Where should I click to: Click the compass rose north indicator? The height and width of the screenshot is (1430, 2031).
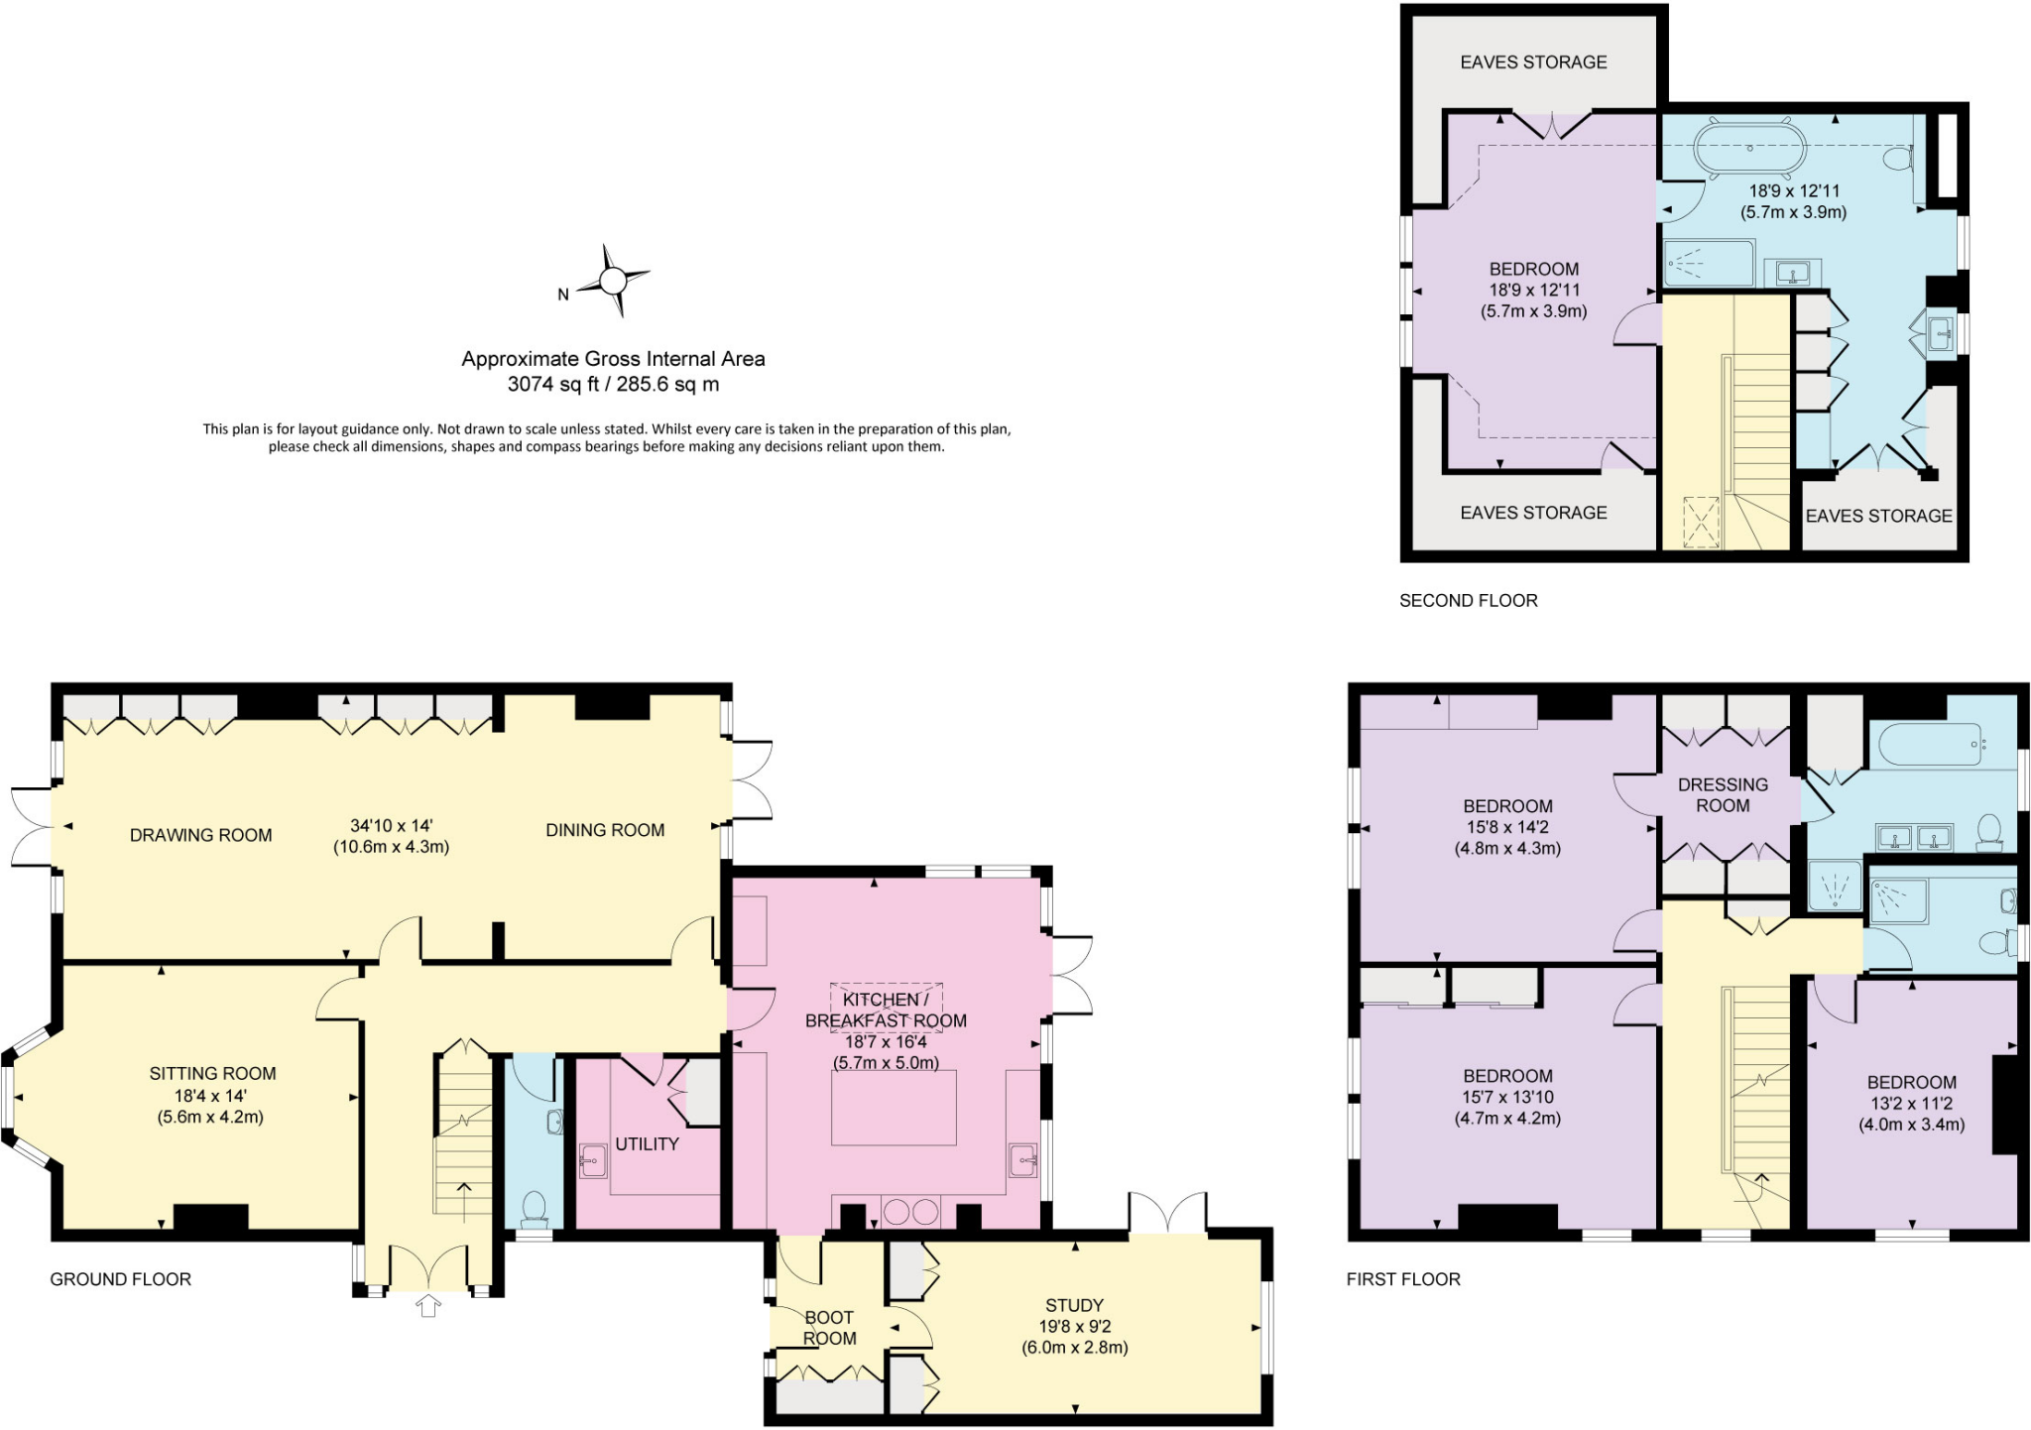[564, 294]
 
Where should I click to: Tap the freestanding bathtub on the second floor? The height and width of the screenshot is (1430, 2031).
[1748, 148]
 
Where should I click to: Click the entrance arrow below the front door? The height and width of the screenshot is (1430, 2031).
[428, 1306]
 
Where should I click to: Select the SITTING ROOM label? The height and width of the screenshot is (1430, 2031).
[212, 1073]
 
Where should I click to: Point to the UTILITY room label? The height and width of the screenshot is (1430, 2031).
[647, 1143]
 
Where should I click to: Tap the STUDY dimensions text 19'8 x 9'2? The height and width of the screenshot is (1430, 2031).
[1074, 1326]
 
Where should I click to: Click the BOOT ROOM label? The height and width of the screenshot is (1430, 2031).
[828, 1328]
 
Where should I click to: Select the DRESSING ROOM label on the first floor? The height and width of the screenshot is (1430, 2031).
[1723, 794]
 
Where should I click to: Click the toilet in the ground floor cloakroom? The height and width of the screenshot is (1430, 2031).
[535, 1206]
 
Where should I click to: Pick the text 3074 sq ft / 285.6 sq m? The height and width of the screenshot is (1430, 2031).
[613, 385]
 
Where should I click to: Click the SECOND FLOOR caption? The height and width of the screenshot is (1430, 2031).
[1468, 600]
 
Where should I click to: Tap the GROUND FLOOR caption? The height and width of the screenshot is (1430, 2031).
[120, 1279]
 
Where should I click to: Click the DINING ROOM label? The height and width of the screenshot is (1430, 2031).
[605, 830]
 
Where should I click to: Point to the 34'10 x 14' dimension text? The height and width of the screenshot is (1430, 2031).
[391, 825]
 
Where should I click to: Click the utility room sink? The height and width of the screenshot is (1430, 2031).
[593, 1160]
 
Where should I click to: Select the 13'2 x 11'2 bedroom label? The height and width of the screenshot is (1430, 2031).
[1911, 1103]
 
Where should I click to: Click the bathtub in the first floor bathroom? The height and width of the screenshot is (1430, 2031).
[1929, 744]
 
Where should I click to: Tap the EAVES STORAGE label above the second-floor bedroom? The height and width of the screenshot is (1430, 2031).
[1533, 61]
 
